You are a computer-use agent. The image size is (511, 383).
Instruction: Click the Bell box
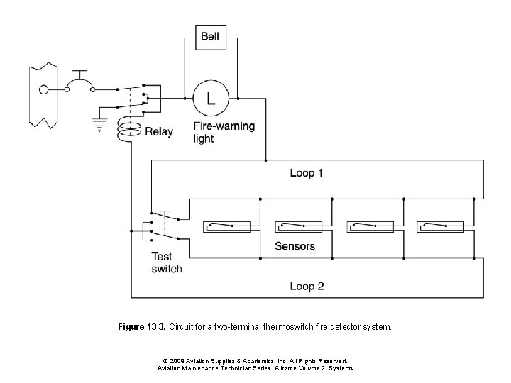point(210,36)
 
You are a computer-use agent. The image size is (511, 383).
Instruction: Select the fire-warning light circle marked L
point(211,98)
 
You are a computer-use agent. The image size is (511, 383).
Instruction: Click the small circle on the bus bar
point(44,90)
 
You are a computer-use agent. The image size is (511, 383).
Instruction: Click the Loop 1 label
point(307,173)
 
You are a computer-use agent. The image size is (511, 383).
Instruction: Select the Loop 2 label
point(307,287)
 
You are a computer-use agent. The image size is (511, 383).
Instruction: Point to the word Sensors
point(295,247)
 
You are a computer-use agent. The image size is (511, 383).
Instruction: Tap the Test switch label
point(166,262)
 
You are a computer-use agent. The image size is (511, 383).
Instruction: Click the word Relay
point(159,131)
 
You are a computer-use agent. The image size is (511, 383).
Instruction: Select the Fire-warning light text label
point(224,133)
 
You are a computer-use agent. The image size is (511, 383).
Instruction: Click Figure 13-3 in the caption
point(141,328)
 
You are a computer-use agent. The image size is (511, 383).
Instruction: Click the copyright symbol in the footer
point(165,360)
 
